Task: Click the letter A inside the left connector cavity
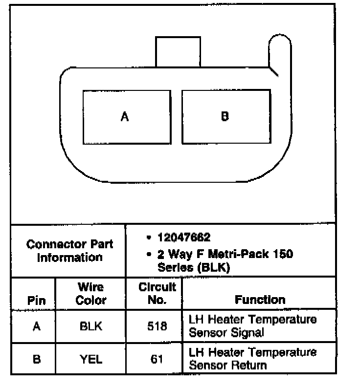click(x=125, y=117)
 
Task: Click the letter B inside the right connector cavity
click(x=225, y=116)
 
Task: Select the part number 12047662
click(x=184, y=237)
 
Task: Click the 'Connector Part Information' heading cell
click(x=69, y=250)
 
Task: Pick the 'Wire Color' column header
click(x=90, y=293)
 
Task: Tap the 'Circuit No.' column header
click(x=157, y=293)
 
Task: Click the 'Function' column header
click(x=260, y=300)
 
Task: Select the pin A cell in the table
click(x=36, y=326)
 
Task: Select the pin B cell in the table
click(x=36, y=359)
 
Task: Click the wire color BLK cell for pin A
click(x=91, y=326)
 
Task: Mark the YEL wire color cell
click(x=91, y=359)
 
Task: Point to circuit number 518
click(x=157, y=326)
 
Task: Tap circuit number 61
click(x=157, y=359)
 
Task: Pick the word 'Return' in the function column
click(x=247, y=365)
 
